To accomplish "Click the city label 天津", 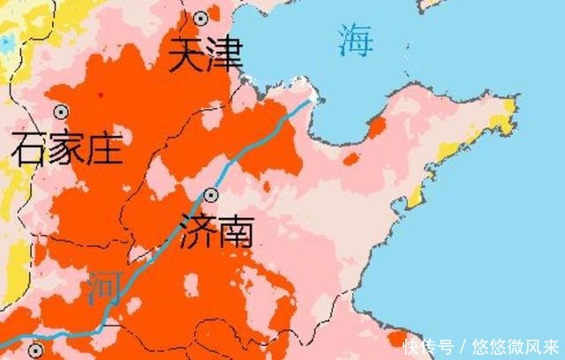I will point(207,58).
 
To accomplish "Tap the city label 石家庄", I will point(66,149).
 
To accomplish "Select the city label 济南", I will point(216,231).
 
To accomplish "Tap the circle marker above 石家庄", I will point(61,112).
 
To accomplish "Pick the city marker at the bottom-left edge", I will point(35,349).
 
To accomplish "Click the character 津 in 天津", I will point(226,58).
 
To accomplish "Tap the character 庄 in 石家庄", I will point(103,149).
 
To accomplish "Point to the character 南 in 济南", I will point(236,231).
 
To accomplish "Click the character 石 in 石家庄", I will point(28,149).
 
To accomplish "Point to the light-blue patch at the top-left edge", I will point(7,41).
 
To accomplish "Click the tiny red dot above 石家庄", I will point(101,94).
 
